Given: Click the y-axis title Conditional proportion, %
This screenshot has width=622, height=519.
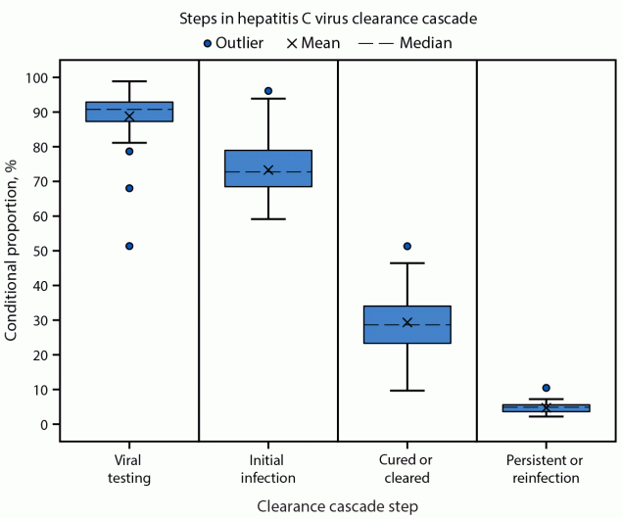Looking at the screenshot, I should [x=13, y=251].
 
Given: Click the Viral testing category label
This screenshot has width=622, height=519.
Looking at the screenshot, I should [x=129, y=470].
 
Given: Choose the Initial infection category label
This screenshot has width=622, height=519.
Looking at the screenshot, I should [x=268, y=470].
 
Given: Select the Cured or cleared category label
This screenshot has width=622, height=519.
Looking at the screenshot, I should [x=407, y=470].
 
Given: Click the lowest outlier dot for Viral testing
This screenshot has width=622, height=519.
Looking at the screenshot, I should [x=129, y=246].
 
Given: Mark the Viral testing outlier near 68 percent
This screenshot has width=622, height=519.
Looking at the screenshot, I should [x=129, y=188].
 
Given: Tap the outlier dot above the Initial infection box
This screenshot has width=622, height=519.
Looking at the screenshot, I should [x=268, y=91].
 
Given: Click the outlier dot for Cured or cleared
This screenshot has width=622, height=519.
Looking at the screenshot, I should [x=407, y=246].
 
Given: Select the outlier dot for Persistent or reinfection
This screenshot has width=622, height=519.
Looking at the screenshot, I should [x=547, y=388].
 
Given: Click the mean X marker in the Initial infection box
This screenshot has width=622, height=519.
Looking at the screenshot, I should [x=268, y=169].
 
